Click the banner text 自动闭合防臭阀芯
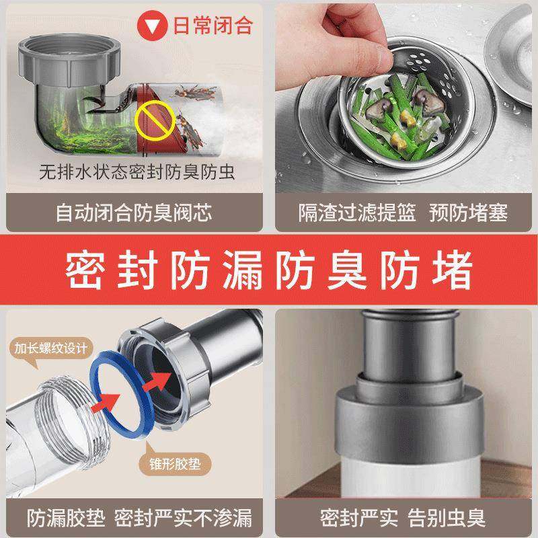point(134,213)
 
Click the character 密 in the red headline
point(85,270)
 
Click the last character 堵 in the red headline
point(452,270)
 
